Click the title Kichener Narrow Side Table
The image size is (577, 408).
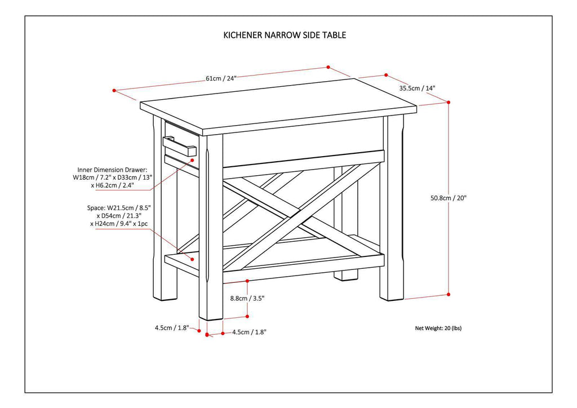point(285,35)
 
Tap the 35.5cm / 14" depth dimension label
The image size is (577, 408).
point(417,88)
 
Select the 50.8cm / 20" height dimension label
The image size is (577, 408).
point(449,198)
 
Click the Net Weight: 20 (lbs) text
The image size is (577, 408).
point(438,328)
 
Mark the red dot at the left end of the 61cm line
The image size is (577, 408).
point(114,90)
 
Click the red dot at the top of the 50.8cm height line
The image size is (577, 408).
point(449,102)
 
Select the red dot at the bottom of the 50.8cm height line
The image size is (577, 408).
point(449,294)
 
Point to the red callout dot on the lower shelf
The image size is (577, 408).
point(192,260)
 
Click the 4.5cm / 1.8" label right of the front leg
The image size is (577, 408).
point(249,332)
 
